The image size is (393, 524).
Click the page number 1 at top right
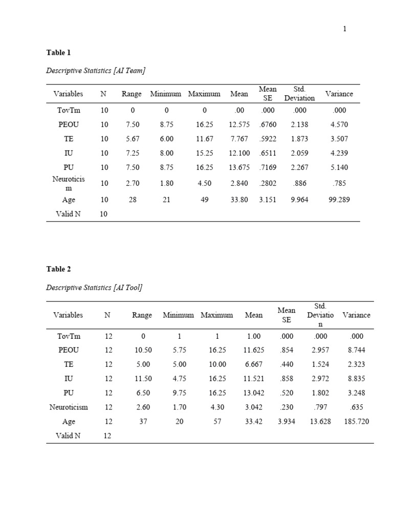pyautogui.click(x=344, y=29)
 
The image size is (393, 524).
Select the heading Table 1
pyautogui.click(x=58, y=53)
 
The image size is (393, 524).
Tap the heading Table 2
pyautogui.click(x=58, y=269)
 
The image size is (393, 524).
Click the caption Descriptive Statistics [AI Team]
pyautogui.click(x=96, y=71)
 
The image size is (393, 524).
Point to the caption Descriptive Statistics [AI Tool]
pyautogui.click(x=94, y=288)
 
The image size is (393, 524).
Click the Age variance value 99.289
pyautogui.click(x=339, y=200)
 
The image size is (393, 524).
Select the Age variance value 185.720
pyautogui.click(x=356, y=422)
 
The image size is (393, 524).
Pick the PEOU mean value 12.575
pyautogui.click(x=239, y=124)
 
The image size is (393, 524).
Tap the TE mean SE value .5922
pyautogui.click(x=267, y=139)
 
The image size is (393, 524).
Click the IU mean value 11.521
pyautogui.click(x=254, y=379)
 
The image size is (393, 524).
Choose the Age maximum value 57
pyautogui.click(x=217, y=422)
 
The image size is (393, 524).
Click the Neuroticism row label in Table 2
pyautogui.click(x=69, y=407)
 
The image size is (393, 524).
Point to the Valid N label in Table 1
pyautogui.click(x=68, y=214)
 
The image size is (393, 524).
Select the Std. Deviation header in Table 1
pyautogui.click(x=299, y=94)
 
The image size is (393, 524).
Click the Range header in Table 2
pyautogui.click(x=142, y=315)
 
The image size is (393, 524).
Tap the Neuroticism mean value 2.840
pyautogui.click(x=239, y=184)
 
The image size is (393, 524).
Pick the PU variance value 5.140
pyautogui.click(x=339, y=167)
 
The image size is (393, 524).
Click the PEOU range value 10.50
pyautogui.click(x=143, y=350)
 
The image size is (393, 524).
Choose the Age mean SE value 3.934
pyautogui.click(x=286, y=422)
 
